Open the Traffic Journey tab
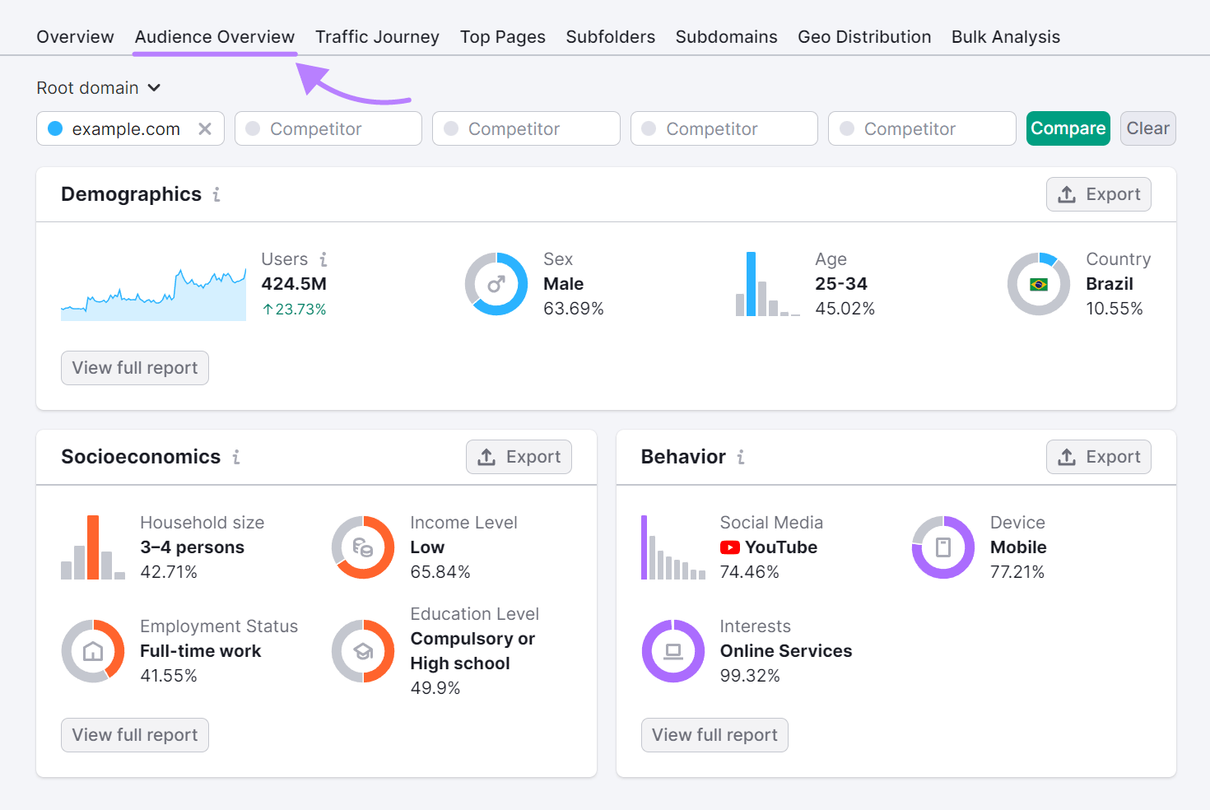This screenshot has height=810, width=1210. click(377, 37)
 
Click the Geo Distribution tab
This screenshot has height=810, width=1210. click(864, 37)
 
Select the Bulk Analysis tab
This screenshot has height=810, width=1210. click(1005, 37)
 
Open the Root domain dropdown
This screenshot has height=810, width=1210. click(98, 88)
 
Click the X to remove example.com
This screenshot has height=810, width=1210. click(205, 129)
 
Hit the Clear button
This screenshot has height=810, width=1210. click(1147, 128)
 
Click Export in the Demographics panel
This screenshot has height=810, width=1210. click(1098, 194)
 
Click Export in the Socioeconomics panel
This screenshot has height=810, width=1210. click(519, 457)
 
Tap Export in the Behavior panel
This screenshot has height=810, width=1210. click(1098, 457)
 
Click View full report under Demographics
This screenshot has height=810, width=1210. click(135, 368)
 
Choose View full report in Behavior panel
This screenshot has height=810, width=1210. click(714, 735)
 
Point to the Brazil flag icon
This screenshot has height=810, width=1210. click(1039, 285)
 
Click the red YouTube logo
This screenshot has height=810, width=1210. click(729, 547)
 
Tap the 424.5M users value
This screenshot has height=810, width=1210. click(294, 284)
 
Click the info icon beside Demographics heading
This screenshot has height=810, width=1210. click(216, 194)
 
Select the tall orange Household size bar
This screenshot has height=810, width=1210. click(93, 547)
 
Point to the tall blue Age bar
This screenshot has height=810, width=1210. click(751, 284)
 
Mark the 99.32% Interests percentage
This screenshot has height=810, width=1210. click(750, 676)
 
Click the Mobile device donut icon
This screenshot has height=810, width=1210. click(943, 547)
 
